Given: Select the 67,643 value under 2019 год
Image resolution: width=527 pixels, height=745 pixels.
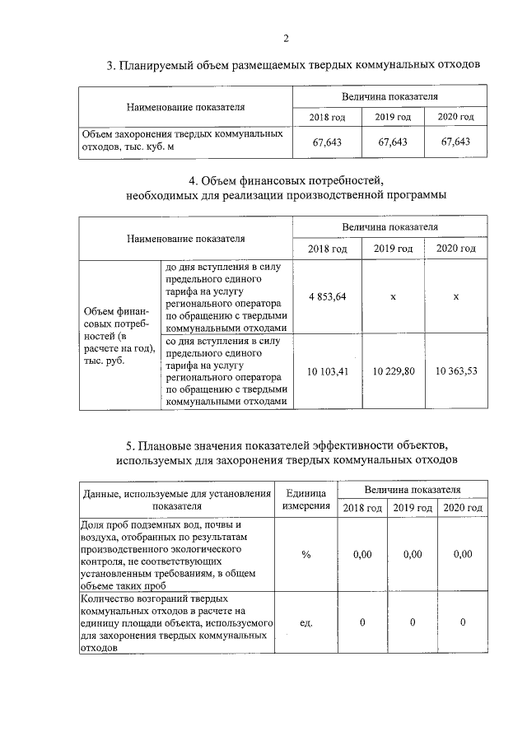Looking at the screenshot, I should pos(393,142).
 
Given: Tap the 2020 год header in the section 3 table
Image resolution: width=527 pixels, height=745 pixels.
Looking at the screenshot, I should pos(455,118).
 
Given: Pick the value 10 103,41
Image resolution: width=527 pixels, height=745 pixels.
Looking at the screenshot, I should pos(327,370).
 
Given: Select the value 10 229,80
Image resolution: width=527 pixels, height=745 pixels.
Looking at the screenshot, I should pos(393,370).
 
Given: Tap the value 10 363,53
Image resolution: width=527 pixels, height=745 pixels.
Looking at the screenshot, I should pos(455,370).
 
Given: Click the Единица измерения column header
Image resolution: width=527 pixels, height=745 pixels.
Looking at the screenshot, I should pos(305,499).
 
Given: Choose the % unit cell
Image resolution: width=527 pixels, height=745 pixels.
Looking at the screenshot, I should pos(305,555).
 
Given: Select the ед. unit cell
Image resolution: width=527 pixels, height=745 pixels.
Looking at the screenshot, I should pos(305,622).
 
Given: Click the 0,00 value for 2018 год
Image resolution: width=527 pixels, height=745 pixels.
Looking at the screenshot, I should pos(362,555).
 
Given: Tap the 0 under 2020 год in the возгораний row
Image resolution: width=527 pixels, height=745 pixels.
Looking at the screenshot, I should pos(463,622).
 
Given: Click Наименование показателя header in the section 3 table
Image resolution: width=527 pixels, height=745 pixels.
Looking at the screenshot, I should pos(185,107).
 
